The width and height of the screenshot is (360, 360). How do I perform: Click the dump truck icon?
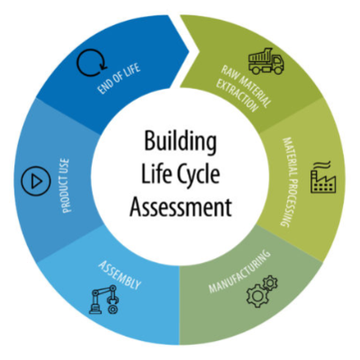click(x=266, y=61)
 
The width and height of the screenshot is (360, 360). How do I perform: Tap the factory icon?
click(x=323, y=177)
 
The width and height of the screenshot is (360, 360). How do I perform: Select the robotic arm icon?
click(x=103, y=299)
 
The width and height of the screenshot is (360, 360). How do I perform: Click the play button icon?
click(x=36, y=181)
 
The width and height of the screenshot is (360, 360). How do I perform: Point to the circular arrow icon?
click(x=92, y=63)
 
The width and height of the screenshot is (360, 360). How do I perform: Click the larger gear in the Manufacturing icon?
click(x=257, y=295)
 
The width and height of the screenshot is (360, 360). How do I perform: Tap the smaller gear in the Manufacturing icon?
click(x=271, y=283)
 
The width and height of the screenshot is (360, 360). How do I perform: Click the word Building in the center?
click(x=181, y=141)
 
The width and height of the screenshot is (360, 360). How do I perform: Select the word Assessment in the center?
click(x=181, y=206)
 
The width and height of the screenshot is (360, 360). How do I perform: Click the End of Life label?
click(x=119, y=78)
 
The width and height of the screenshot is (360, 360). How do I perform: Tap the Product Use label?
click(x=66, y=185)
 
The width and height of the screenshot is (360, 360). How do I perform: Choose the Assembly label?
click(x=120, y=274)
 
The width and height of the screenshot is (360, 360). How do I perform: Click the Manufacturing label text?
click(x=239, y=271)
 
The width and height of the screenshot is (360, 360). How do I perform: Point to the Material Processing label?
click(x=291, y=182)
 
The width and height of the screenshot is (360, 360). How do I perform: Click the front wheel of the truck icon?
click(x=277, y=69)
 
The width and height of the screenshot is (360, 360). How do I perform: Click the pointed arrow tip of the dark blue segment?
click(x=189, y=51)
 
